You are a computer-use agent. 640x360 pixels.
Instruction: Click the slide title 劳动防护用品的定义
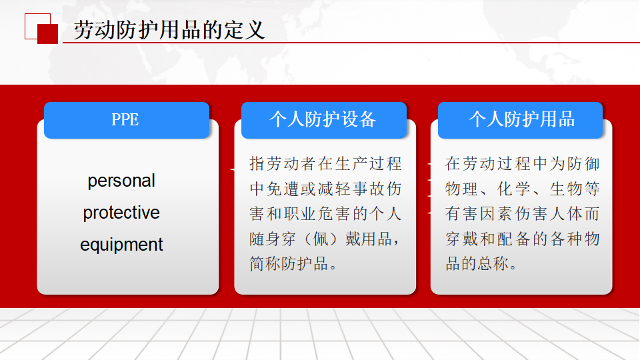pos(169,30)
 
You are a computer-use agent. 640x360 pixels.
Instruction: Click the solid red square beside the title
pos(48,34)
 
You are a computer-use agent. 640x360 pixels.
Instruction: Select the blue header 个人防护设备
pos(324,120)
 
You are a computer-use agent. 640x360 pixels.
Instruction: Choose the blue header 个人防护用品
pos(521,120)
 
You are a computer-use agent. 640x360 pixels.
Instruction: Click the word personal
pos(121,181)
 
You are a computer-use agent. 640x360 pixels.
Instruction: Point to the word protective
pos(121,212)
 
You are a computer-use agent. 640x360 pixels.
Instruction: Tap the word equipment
pos(121,245)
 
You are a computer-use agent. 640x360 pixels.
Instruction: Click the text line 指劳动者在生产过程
pos(325,164)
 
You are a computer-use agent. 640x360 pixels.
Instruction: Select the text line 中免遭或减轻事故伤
pos(325,189)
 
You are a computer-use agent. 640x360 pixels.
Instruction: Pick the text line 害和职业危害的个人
pos(325,213)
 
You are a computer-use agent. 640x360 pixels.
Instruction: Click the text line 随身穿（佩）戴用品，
pos(325,239)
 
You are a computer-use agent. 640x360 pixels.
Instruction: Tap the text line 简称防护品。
pos(294,264)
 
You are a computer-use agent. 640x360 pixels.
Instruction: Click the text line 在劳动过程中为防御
pos(522,164)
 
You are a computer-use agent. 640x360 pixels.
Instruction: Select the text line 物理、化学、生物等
pos(522,189)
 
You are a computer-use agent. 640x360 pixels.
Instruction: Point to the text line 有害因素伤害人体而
pos(522,213)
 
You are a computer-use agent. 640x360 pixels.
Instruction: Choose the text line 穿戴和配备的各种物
pos(522,239)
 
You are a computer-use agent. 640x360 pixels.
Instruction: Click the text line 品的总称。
pos(481,264)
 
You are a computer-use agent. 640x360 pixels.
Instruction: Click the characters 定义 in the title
pos(244,30)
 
